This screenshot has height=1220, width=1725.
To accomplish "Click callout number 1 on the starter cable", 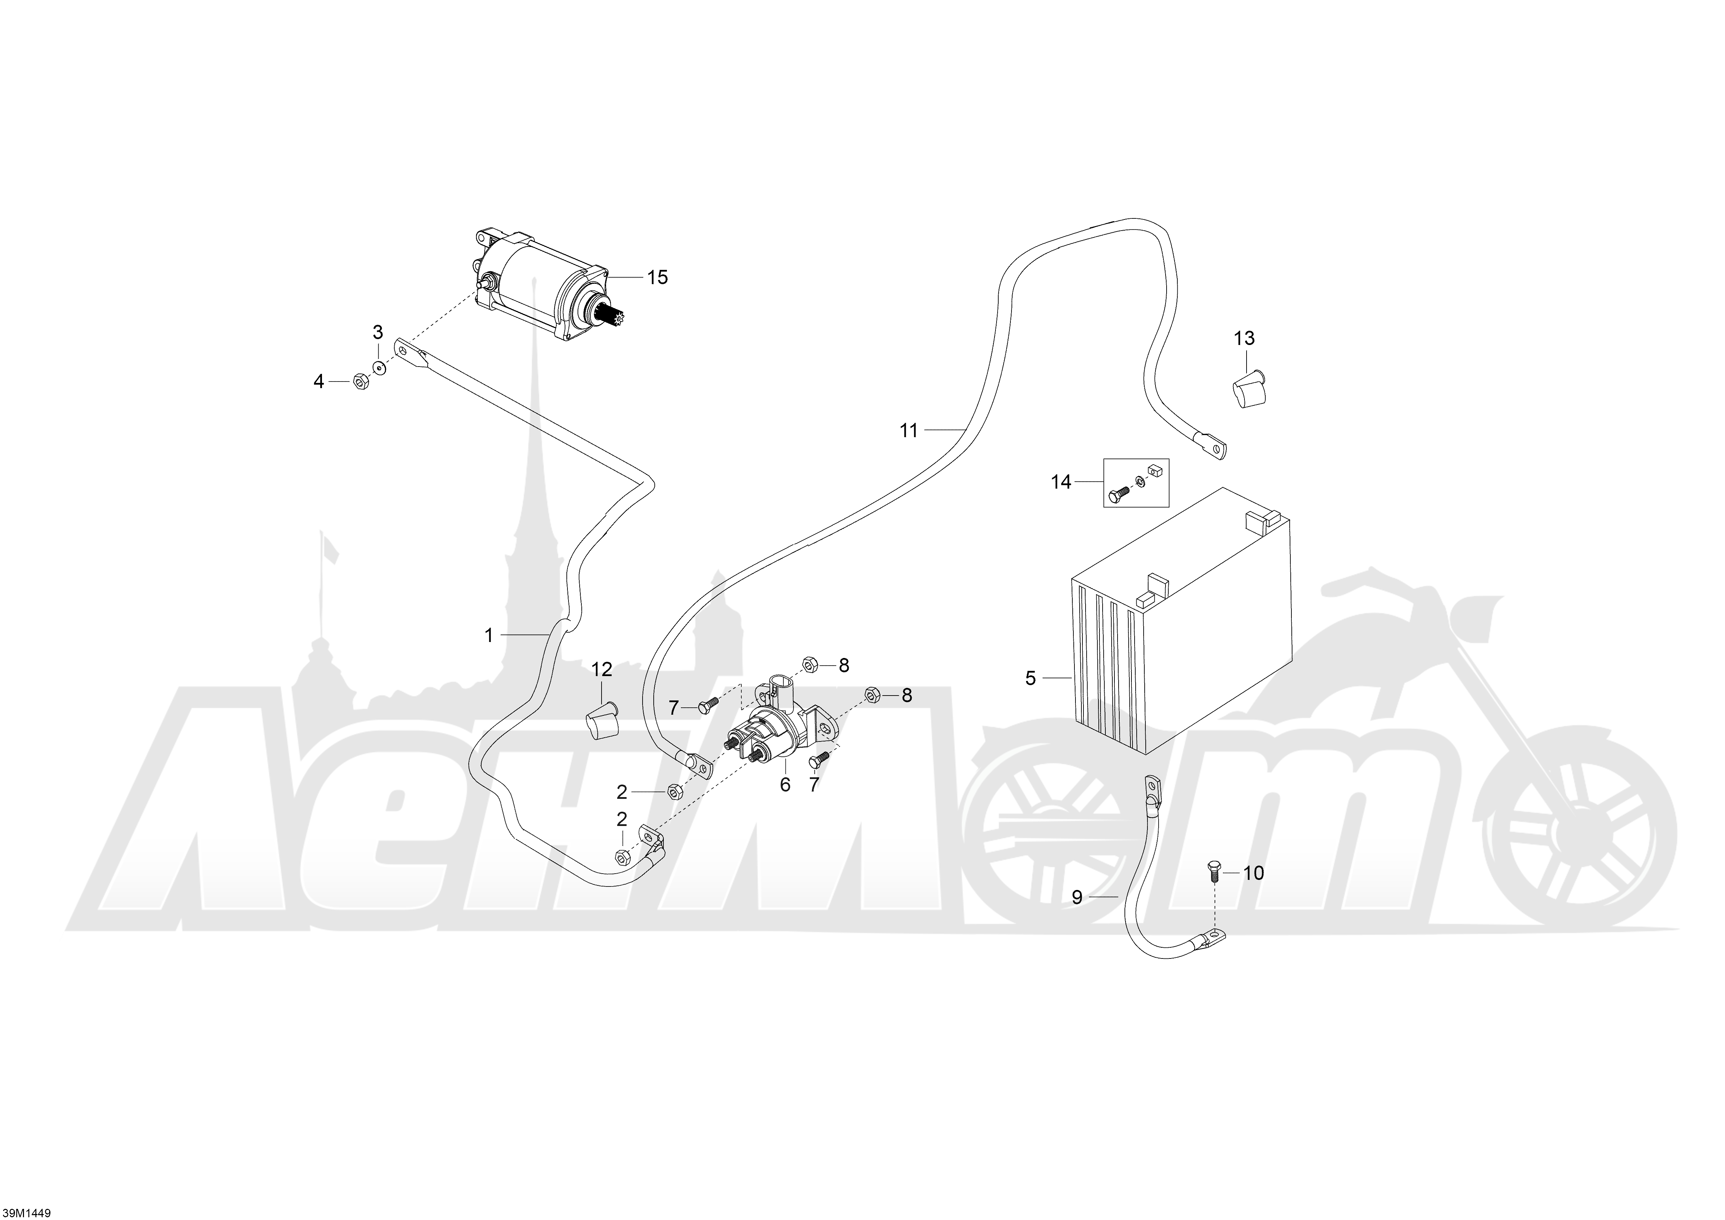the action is coord(489,635).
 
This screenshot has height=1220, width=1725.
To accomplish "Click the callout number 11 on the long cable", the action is coord(909,431).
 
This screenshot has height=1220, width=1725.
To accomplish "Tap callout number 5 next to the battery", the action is coord(1030,679).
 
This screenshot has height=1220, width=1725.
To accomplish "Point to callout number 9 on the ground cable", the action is coord(1077,897).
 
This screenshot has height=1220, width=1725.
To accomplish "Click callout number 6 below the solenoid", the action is coord(785,785).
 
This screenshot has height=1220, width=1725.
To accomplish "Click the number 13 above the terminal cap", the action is coord(1244,338).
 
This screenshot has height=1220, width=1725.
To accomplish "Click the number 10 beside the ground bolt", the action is coord(1254,873).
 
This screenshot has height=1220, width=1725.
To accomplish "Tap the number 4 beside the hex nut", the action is coord(319,382).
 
